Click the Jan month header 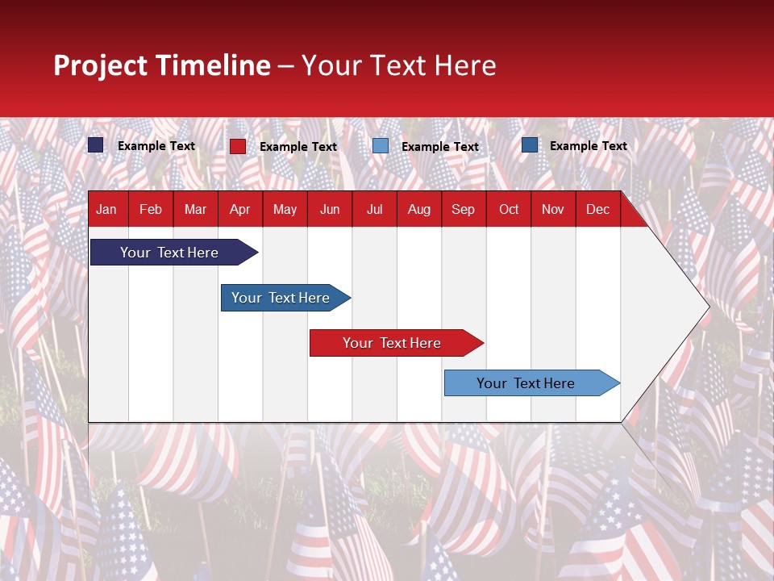pyautogui.click(x=106, y=209)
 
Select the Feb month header pyautogui.click(x=151, y=209)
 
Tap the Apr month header pyautogui.click(x=239, y=209)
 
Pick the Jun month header pyautogui.click(x=330, y=209)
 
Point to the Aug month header pyautogui.click(x=418, y=209)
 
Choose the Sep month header pyautogui.click(x=463, y=209)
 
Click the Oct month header pyautogui.click(x=509, y=209)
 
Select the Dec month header pyautogui.click(x=597, y=209)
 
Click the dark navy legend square pyautogui.click(x=96, y=145)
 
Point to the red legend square pyautogui.click(x=238, y=146)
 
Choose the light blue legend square pyautogui.click(x=381, y=146)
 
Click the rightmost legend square pyautogui.click(x=530, y=145)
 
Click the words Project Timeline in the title pyautogui.click(x=162, y=65)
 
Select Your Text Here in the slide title pyautogui.click(x=398, y=65)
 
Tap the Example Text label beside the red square pyautogui.click(x=298, y=147)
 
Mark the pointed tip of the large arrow pyautogui.click(x=708, y=307)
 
